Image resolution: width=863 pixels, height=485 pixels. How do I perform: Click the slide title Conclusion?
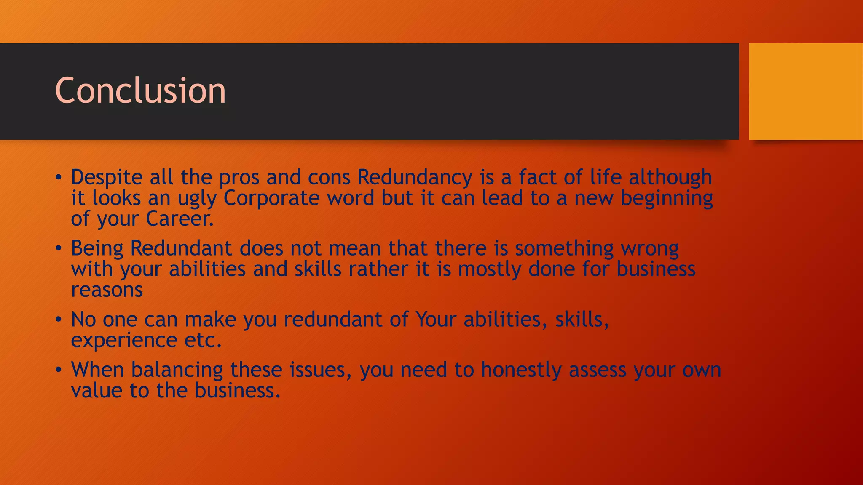(140, 91)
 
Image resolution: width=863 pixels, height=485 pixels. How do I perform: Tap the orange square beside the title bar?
(805, 91)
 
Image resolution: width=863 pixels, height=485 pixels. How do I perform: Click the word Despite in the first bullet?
(107, 177)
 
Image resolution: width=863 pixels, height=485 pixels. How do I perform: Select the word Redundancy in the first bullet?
(415, 177)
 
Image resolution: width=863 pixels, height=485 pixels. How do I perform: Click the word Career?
(180, 219)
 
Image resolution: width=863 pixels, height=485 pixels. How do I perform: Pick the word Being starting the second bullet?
(97, 248)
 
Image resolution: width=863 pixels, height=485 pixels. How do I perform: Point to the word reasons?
(107, 290)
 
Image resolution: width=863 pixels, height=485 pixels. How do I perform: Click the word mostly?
(490, 269)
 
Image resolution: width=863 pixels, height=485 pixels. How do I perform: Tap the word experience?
(124, 341)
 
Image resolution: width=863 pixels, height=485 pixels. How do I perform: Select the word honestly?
(521, 370)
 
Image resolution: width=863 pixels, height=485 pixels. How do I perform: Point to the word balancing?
(177, 370)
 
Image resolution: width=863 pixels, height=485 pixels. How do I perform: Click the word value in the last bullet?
(96, 391)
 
